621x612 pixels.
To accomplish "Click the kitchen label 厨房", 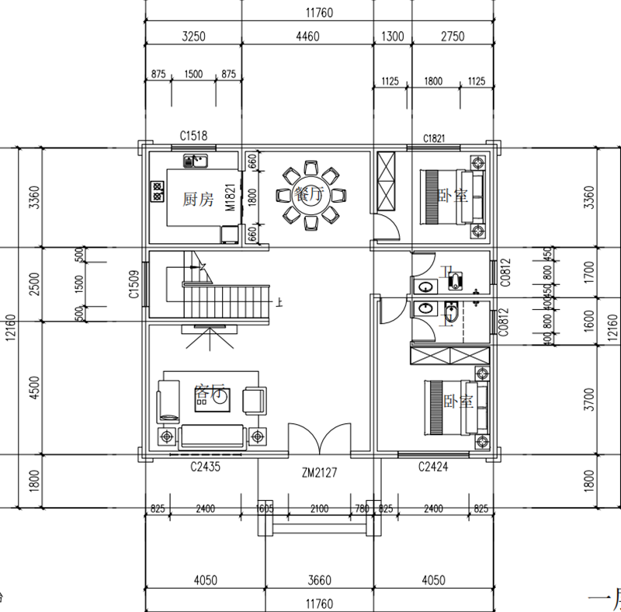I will (197, 199).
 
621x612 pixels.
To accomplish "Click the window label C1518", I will (194, 137).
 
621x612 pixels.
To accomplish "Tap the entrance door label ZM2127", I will (319, 471).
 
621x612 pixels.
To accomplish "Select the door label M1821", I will (231, 198).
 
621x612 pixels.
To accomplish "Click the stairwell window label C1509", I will (134, 284).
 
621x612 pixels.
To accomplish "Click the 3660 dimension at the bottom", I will (319, 579).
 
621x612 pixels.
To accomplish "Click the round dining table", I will (310, 195).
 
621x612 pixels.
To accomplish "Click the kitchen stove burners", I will (156, 191).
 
